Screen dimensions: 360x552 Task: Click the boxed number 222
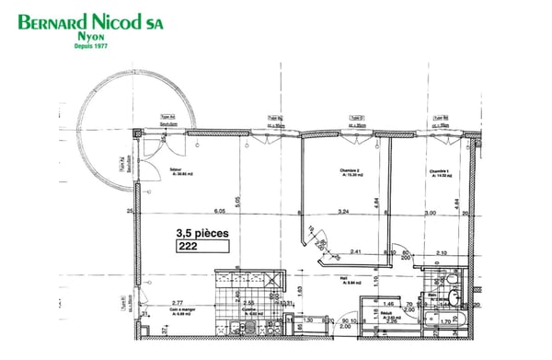click(188, 246)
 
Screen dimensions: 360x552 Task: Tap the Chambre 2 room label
click(351, 170)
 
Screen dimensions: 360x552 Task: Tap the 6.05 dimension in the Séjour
click(219, 212)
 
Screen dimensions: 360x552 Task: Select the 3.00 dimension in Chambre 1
click(429, 212)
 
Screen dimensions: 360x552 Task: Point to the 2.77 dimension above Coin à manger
click(178, 302)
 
